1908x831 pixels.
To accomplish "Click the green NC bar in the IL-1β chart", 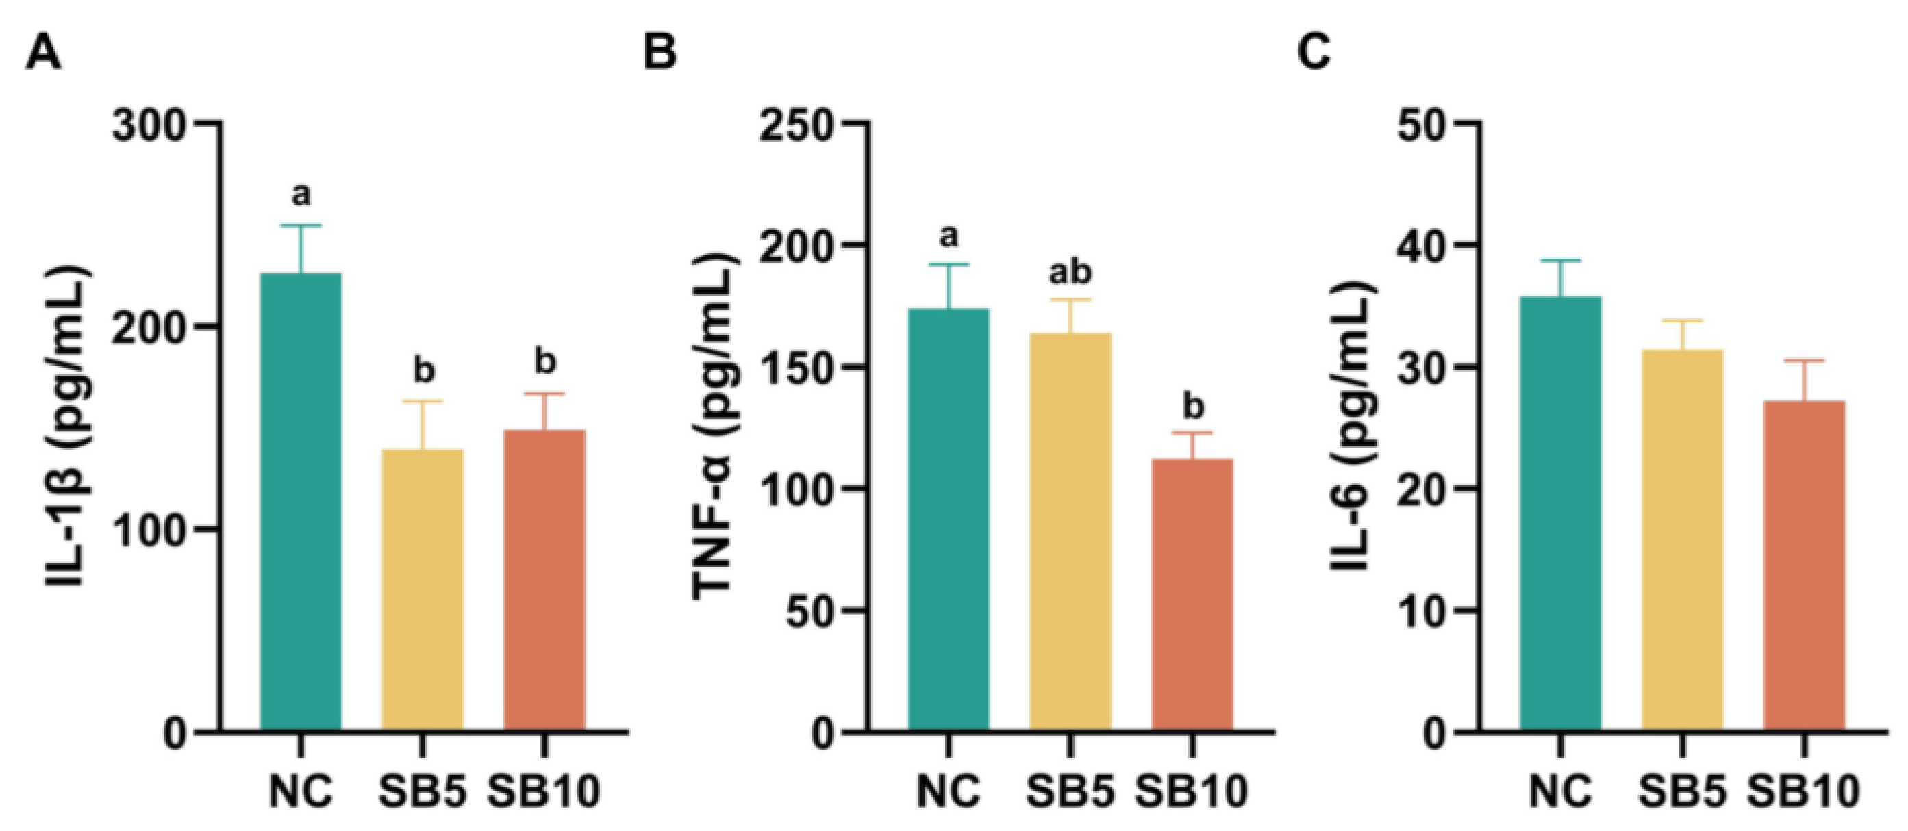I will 301,504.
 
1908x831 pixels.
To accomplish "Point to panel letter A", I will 43,53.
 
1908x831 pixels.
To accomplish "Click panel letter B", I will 660,53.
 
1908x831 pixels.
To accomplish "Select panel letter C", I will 1314,53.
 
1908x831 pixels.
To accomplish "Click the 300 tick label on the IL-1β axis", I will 148,125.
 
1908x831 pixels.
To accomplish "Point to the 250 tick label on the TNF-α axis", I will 796,125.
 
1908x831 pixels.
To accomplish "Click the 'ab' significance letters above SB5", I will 1070,272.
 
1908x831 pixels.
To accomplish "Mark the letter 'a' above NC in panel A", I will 301,196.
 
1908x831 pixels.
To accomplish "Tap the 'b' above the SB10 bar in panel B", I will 1193,406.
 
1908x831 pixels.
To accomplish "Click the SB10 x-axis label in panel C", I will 1805,791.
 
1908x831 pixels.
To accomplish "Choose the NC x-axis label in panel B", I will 949,791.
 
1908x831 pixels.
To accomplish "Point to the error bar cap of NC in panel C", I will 1560,261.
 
